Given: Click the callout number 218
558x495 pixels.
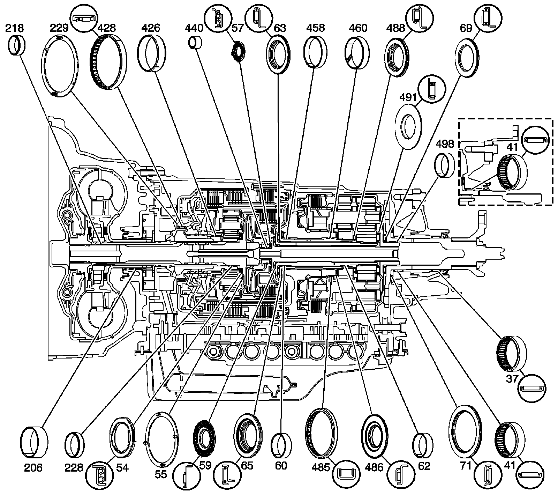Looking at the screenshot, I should (x=14, y=28).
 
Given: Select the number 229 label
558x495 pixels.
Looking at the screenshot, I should (x=58, y=28).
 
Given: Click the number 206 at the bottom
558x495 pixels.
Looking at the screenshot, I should (x=33, y=467).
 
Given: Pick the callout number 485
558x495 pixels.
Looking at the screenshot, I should (x=322, y=467).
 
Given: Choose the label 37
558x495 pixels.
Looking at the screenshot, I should (x=511, y=378).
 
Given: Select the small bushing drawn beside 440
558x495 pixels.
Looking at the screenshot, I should (x=196, y=42).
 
